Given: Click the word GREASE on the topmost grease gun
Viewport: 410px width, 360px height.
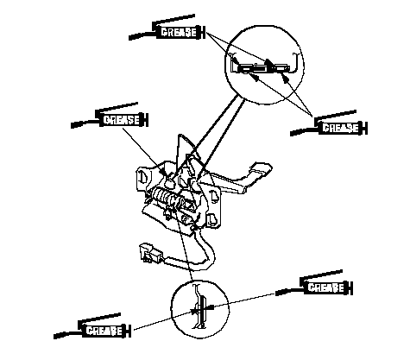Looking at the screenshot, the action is click(179, 32).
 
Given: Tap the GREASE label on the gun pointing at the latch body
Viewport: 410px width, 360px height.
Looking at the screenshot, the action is click(121, 120).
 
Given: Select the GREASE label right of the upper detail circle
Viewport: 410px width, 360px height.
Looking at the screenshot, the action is click(340, 128).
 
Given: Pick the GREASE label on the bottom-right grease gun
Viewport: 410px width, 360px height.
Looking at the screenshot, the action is click(326, 287).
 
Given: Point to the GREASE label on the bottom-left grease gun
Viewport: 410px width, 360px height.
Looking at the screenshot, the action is click(104, 331).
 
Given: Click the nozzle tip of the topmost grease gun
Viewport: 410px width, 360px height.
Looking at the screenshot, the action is click(129, 38).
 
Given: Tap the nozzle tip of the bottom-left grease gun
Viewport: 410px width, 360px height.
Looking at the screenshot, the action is click(55, 337).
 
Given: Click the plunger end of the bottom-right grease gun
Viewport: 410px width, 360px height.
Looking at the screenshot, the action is click(351, 287).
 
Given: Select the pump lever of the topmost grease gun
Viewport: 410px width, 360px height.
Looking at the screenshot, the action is click(173, 19).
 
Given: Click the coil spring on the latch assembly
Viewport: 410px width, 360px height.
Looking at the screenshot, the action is click(165, 197).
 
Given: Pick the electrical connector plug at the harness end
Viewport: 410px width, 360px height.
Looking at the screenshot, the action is click(149, 253).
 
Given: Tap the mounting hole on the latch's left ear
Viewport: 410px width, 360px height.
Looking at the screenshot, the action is click(143, 176).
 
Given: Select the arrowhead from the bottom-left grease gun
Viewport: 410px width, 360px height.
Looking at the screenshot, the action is click(193, 311).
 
